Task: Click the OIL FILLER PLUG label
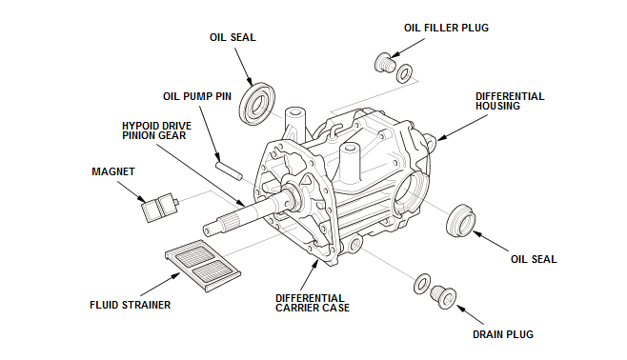point(446,28)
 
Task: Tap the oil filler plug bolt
point(384,63)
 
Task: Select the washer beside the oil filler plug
point(404,73)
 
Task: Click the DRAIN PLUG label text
point(503,334)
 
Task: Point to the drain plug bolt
point(443,297)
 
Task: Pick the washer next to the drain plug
point(422,284)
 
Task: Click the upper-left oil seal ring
point(257,104)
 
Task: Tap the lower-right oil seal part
point(461,220)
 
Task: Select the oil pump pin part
point(229,170)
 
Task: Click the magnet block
point(159,208)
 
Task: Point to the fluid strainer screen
point(203,266)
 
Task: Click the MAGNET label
point(113,171)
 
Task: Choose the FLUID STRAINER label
point(130,305)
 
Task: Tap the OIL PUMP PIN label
point(197,97)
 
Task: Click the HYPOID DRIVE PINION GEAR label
point(156,130)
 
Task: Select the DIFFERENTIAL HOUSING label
point(510,101)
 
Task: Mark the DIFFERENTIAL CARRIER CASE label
point(313,303)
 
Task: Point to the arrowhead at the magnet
point(142,199)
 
